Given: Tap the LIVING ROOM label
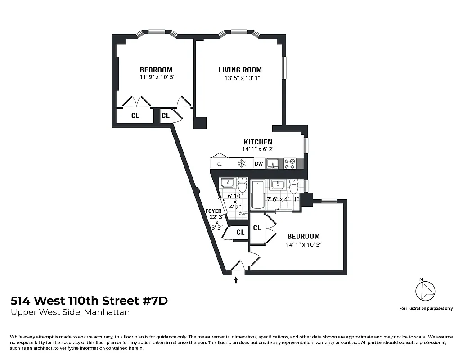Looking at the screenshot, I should click(x=240, y=70).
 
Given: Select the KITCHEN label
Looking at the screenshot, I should click(x=258, y=142).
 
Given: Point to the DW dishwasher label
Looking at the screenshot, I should click(x=259, y=164).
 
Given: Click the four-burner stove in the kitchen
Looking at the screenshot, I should click(x=289, y=164).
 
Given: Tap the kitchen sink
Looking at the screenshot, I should click(x=272, y=164).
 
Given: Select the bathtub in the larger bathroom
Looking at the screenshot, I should click(x=258, y=195).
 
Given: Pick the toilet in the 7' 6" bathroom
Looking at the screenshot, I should click(x=294, y=187).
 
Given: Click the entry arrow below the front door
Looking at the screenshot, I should click(x=236, y=280).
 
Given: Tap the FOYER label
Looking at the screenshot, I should click(x=213, y=211).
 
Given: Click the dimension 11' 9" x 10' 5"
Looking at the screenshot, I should click(x=157, y=77).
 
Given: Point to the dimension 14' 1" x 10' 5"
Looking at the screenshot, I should click(x=304, y=245).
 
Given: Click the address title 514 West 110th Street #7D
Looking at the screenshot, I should click(x=89, y=301).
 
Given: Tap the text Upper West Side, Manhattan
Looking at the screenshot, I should click(x=70, y=312).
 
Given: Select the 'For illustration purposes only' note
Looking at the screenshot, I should click(x=426, y=308).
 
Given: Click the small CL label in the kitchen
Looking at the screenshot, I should click(x=220, y=164).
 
